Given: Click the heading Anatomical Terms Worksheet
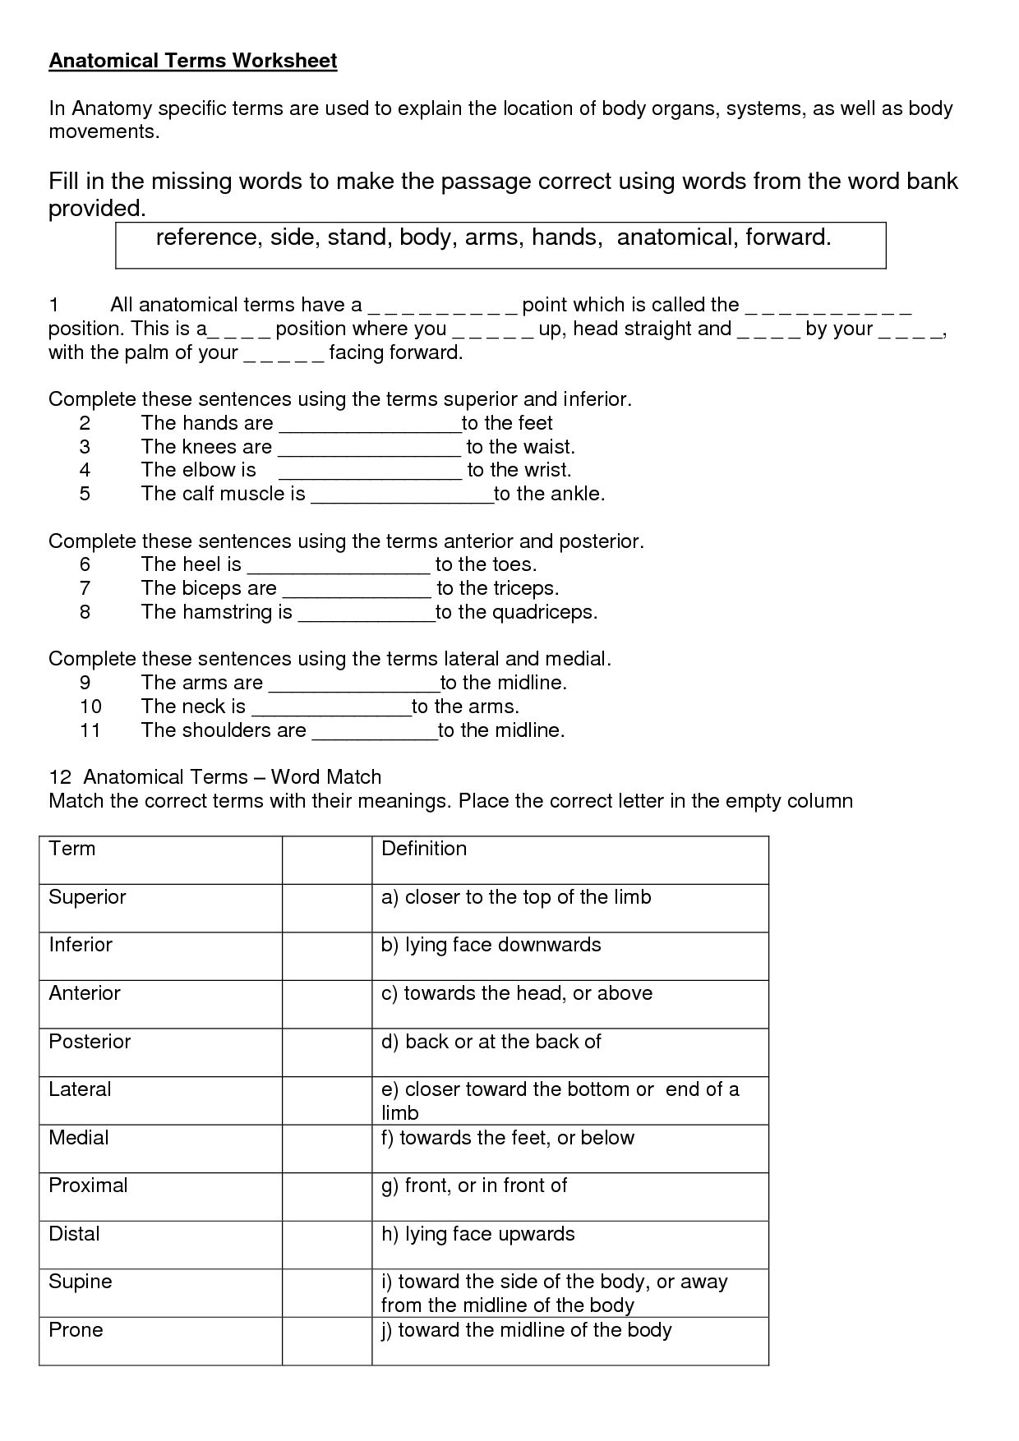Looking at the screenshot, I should click(193, 61).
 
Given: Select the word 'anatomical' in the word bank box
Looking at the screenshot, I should click(675, 237).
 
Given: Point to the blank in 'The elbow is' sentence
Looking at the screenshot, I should click(371, 472).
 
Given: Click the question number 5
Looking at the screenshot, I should click(85, 494).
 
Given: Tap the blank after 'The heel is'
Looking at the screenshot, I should click(339, 566).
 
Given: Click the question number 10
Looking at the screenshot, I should click(90, 707).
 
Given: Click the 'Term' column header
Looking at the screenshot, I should click(72, 849).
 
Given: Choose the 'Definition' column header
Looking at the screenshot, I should click(424, 849).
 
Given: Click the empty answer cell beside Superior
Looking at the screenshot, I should click(327, 908).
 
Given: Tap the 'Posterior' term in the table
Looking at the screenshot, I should click(90, 1042).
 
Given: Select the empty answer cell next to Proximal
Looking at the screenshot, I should click(327, 1196).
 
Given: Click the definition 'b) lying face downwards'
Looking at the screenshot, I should click(491, 945).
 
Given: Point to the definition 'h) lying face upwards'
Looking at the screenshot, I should click(478, 1234).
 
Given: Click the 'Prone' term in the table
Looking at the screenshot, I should click(76, 1330).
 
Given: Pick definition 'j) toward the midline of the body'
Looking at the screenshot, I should click(527, 1330).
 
